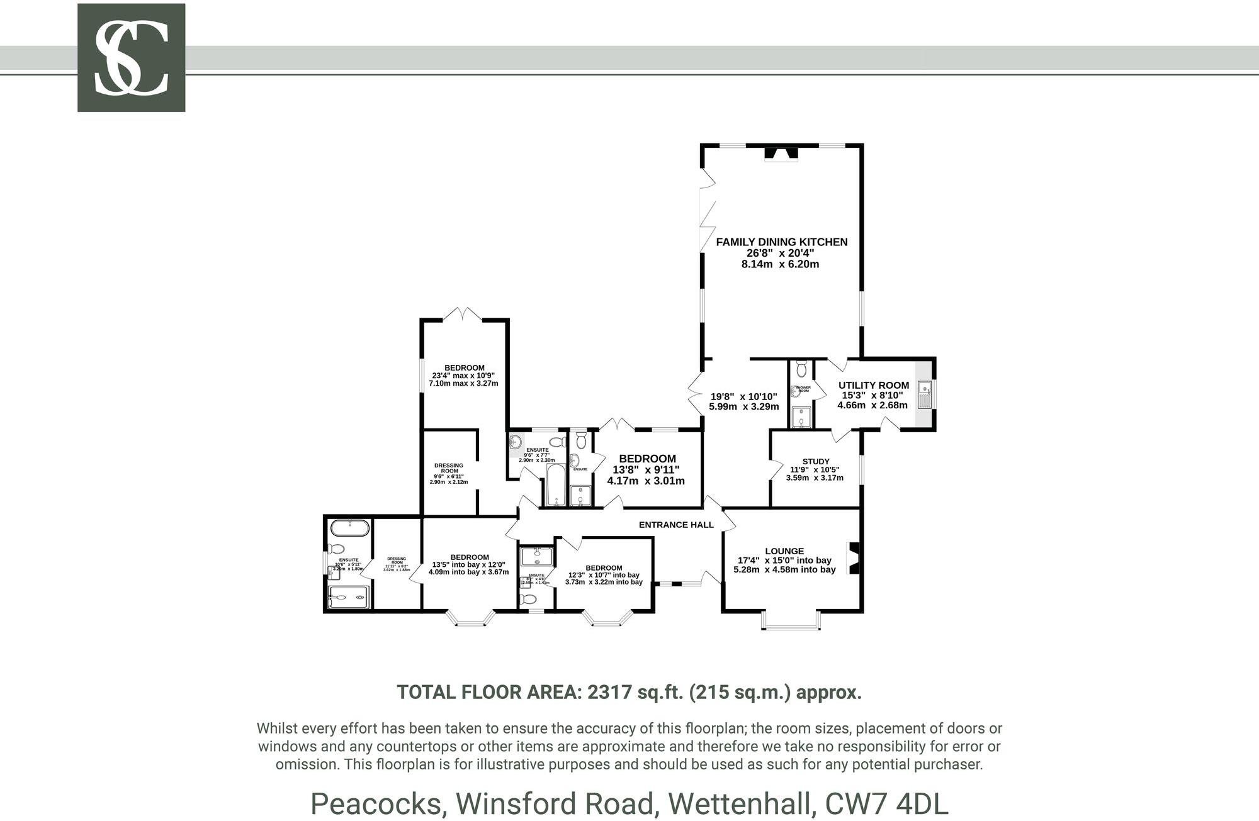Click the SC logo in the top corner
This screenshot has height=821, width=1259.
(x=131, y=58)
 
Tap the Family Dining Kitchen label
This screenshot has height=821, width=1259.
(x=781, y=242)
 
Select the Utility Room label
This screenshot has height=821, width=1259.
(x=873, y=385)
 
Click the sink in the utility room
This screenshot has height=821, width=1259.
(x=925, y=395)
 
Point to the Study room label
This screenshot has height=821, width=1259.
(x=815, y=461)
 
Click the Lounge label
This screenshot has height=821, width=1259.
(x=784, y=551)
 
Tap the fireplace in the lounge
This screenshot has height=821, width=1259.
(x=854, y=558)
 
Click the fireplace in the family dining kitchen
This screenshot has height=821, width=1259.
(x=780, y=154)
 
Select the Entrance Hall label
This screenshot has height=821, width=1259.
(x=676, y=525)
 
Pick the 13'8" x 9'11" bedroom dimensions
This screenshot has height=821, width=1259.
(x=646, y=469)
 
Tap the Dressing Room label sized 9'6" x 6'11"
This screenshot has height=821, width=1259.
(x=449, y=468)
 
